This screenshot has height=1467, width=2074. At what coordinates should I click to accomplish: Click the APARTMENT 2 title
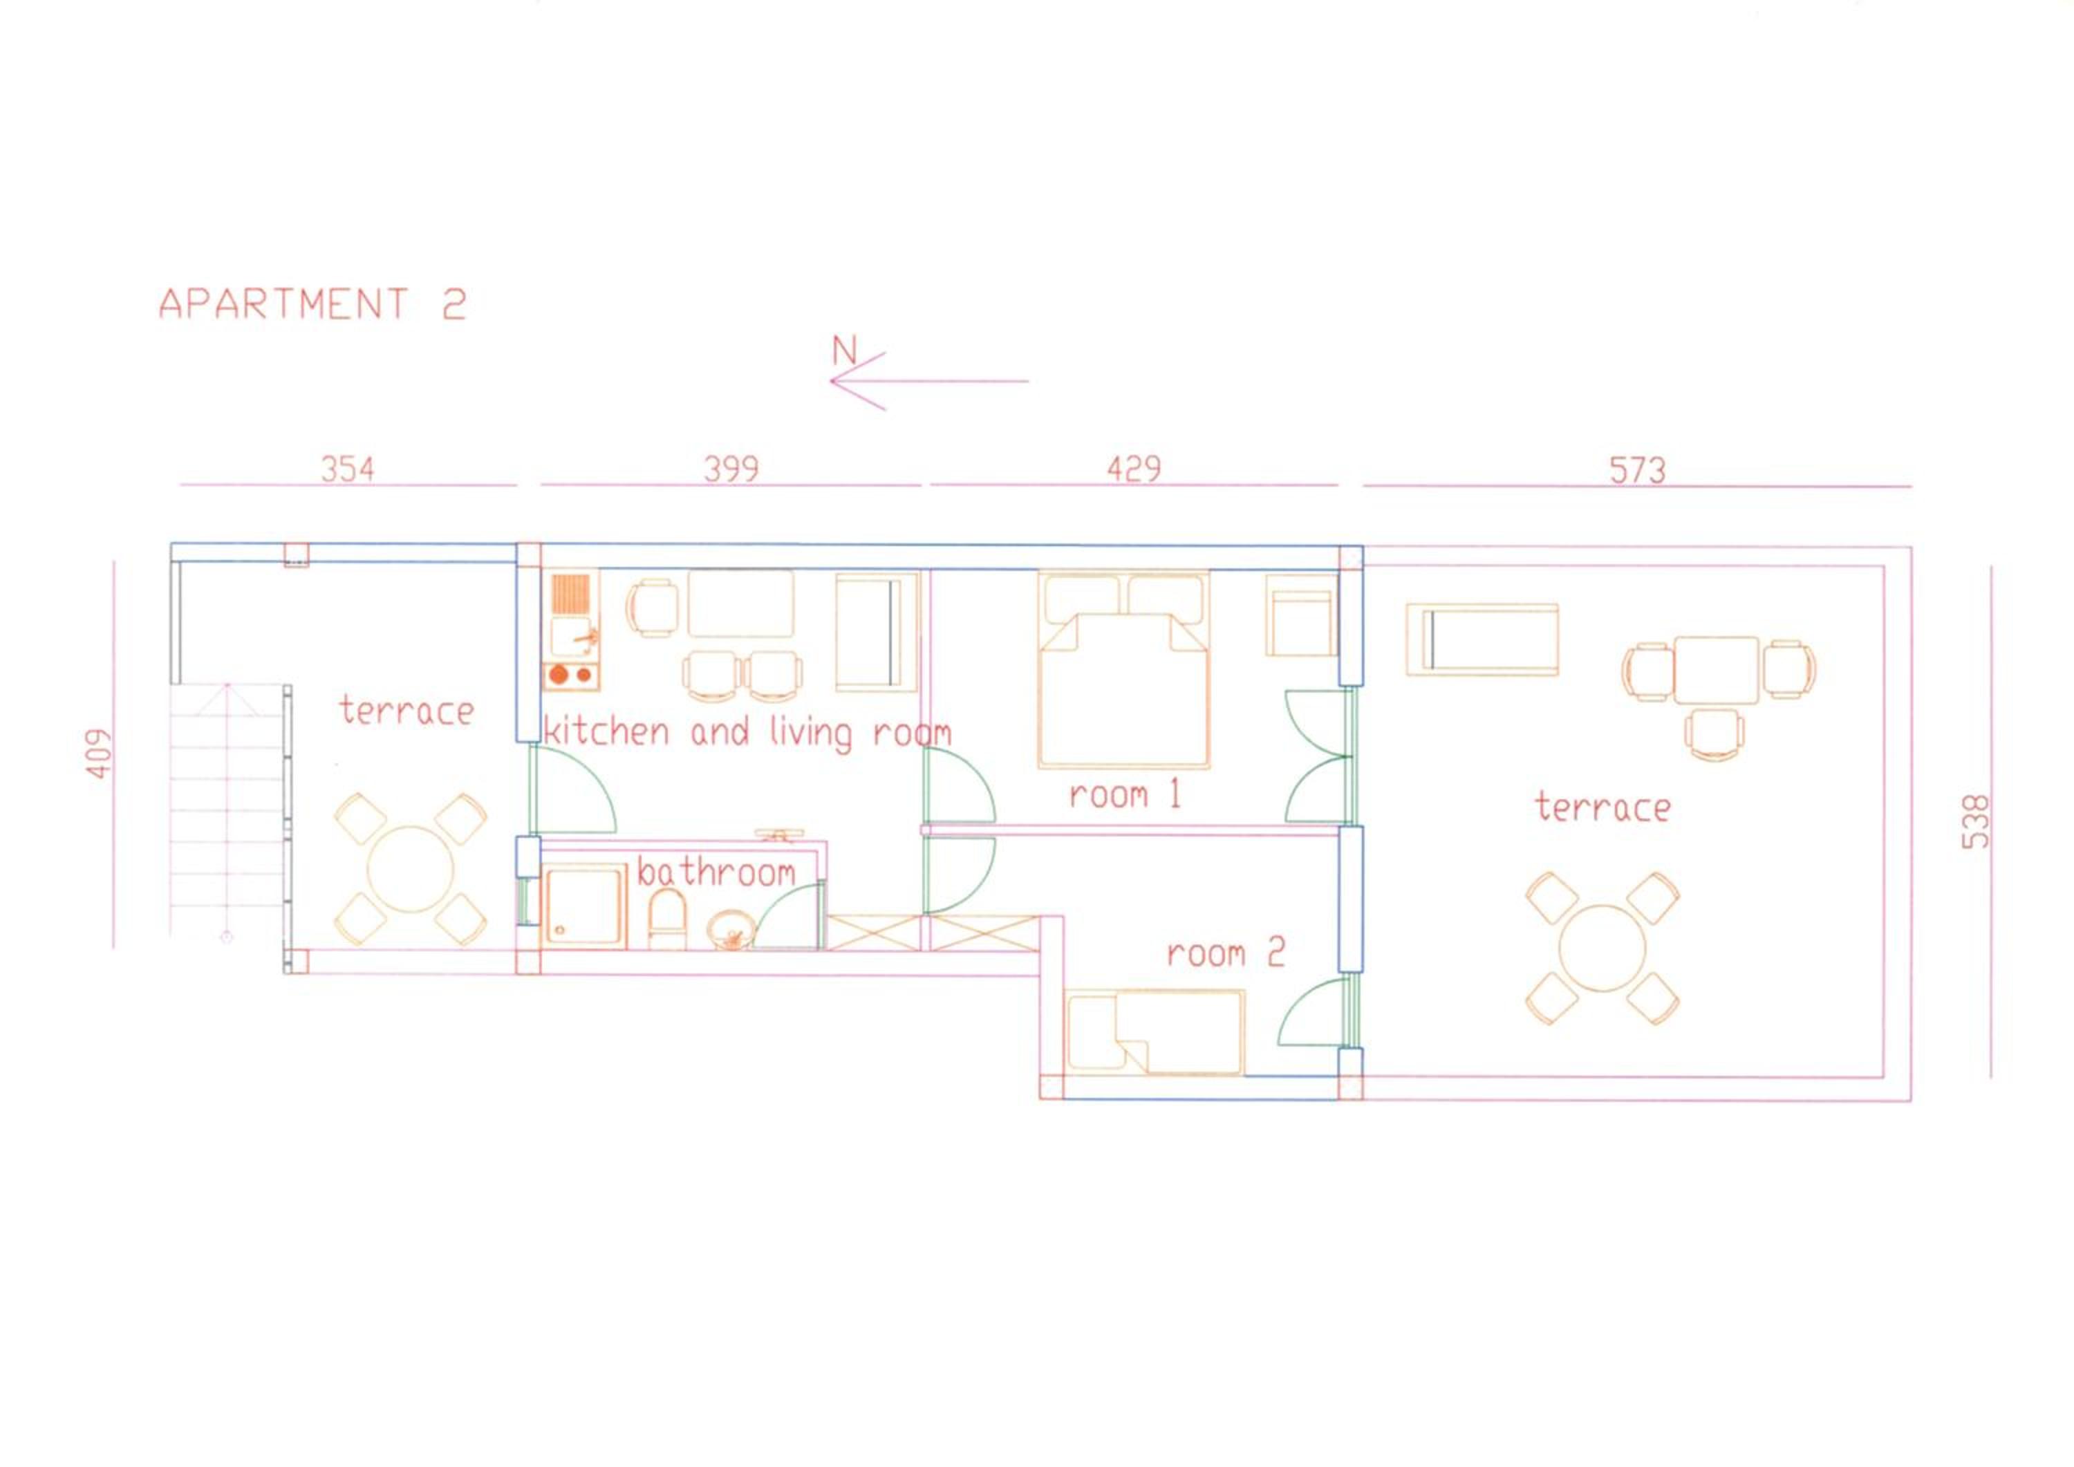(312, 303)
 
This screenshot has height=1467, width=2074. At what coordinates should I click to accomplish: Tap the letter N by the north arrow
(843, 351)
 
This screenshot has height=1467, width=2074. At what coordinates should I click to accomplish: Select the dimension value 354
(348, 469)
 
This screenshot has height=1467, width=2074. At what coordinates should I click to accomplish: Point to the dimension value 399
(731, 469)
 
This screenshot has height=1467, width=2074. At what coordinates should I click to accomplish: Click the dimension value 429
(1134, 469)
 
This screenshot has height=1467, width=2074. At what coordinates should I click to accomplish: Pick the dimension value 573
(1637, 469)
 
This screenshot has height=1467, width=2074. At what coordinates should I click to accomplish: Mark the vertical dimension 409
(100, 754)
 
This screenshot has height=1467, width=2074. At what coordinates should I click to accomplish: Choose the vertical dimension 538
(1977, 821)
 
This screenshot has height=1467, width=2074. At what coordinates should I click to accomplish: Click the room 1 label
(1125, 795)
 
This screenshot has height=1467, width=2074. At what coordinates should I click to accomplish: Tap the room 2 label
(1226, 953)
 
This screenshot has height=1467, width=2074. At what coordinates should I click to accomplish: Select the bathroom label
(716, 872)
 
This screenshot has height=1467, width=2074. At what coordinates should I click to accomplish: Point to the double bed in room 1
(1123, 669)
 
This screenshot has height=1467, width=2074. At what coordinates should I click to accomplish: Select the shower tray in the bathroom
(583, 907)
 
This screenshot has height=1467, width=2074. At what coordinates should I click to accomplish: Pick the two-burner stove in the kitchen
(571, 675)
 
